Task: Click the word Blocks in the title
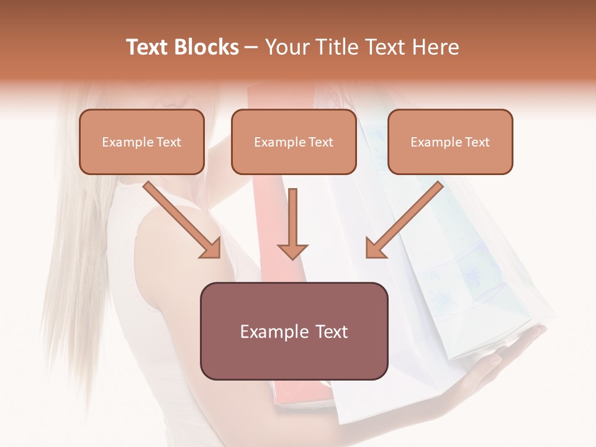click(x=208, y=47)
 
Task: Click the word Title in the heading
click(x=334, y=47)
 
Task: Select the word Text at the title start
click(x=149, y=47)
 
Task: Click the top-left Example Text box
click(x=142, y=142)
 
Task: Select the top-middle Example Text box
click(x=294, y=142)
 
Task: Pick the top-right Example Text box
click(x=450, y=142)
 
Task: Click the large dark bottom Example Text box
click(x=294, y=331)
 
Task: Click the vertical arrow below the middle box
click(x=293, y=220)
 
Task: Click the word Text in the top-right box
click(x=477, y=142)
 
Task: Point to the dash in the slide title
click(x=252, y=47)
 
